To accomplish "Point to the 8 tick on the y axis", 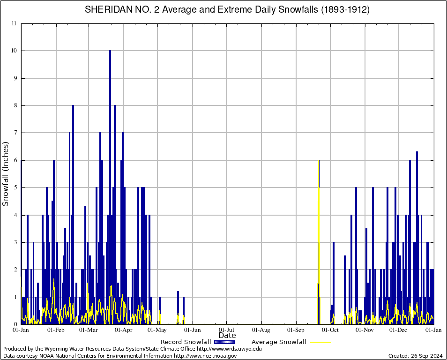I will point(15,105).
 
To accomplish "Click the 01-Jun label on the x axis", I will point(193,330).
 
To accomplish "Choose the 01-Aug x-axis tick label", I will point(261,330).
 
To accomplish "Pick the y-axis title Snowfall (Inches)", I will point(6,174).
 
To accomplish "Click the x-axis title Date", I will point(227,336).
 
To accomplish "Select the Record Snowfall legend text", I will point(186,342).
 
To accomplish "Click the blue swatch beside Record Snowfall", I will point(224,342).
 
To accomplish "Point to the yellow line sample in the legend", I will point(320,342).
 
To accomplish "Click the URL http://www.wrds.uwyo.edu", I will point(229,349).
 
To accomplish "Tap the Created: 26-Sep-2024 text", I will point(415,356).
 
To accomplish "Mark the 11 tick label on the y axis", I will point(14,23).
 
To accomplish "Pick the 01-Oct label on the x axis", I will point(330,330).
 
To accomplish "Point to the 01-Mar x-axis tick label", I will point(88,330).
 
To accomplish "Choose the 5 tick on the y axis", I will point(15,187).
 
